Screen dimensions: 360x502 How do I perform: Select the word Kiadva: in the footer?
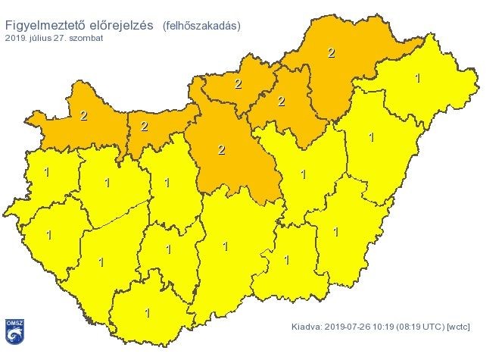click(x=308, y=328)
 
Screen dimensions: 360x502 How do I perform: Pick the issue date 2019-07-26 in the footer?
click(x=349, y=328)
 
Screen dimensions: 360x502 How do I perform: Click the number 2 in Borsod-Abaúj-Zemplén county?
click(x=331, y=52)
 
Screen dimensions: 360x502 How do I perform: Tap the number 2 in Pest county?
click(x=221, y=149)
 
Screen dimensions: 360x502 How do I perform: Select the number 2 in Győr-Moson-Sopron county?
click(x=83, y=116)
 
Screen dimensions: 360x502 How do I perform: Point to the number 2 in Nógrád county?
click(x=238, y=83)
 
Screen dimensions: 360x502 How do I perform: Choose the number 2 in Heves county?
click(x=281, y=101)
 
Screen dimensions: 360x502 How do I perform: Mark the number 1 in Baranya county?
click(x=147, y=312)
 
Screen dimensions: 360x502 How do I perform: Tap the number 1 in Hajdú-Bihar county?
click(x=370, y=137)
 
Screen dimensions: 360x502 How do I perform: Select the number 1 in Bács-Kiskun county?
click(x=225, y=246)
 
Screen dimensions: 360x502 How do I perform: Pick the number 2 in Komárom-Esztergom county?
click(x=145, y=126)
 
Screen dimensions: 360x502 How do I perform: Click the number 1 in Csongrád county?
click(x=285, y=260)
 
